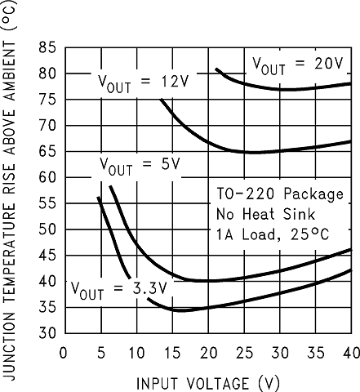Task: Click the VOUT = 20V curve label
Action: pos(299,62)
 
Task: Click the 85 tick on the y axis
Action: pos(47,47)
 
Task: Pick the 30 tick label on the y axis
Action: pos(47,333)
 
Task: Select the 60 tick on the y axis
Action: pos(47,177)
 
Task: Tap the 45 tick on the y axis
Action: pos(47,256)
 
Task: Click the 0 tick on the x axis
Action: pos(63,353)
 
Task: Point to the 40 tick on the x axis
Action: pos(350,353)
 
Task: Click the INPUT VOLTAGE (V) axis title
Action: pos(207,381)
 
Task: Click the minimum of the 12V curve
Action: pos(253,152)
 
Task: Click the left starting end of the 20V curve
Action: pos(216,69)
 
